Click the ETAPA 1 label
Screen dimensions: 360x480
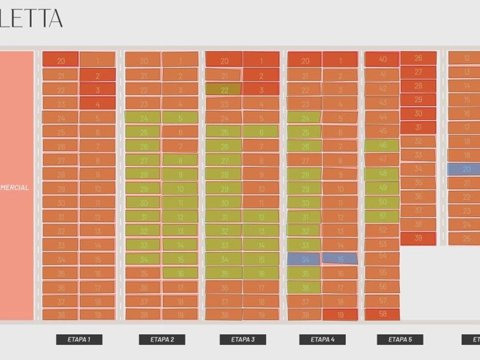pos(79,339)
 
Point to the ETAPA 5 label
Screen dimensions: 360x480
pos(399,339)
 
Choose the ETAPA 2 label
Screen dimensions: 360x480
pos(162,339)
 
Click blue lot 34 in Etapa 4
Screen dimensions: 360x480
pos(303,259)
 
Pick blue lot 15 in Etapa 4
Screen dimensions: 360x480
pos(340,258)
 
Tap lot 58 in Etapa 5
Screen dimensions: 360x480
pos(382,314)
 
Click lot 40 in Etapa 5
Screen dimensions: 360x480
pos(382,59)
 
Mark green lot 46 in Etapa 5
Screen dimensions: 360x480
pos(382,145)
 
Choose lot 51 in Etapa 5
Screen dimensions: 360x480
pos(382,216)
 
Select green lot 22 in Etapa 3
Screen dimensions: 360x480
pos(223,90)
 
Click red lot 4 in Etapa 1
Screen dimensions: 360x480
pos(97,103)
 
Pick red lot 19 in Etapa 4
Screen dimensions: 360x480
pos(340,314)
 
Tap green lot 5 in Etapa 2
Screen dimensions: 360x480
pos(180,118)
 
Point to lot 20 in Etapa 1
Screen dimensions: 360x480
pos(60,59)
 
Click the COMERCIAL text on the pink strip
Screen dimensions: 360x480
pos(14,187)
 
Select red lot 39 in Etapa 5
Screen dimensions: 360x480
pos(418,238)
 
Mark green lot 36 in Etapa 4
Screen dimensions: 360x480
pos(303,287)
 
